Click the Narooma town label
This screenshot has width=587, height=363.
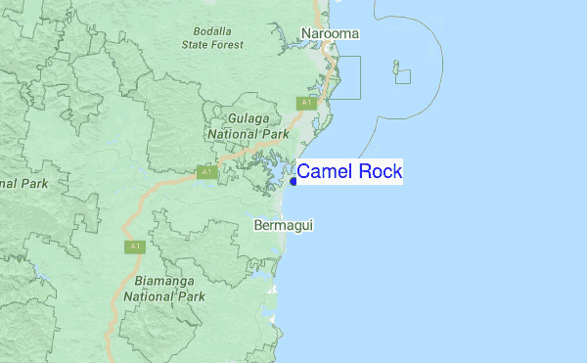[x=330, y=34]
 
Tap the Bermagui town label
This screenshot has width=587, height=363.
[x=283, y=225]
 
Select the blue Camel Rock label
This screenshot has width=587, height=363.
[x=349, y=172]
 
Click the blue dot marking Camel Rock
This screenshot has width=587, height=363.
[x=293, y=181]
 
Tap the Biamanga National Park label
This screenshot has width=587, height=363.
[x=163, y=289]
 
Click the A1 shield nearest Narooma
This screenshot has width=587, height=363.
[x=306, y=103]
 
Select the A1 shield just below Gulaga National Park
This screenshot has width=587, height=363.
[x=205, y=172]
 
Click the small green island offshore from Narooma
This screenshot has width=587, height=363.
[x=396, y=70]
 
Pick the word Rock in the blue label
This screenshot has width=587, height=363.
[x=378, y=172]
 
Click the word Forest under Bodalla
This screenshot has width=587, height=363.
[x=235, y=43]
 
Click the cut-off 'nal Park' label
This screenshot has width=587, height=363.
[x=23, y=183]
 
